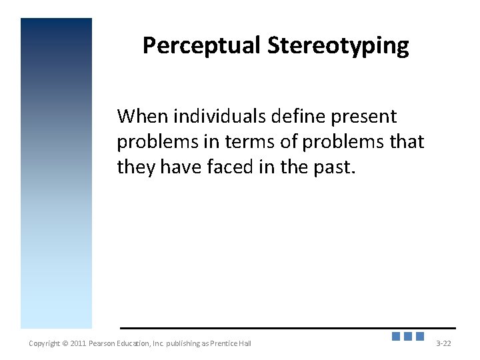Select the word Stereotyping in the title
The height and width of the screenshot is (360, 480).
[338, 45]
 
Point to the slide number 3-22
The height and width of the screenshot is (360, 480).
[443, 343]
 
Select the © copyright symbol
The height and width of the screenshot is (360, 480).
[65, 343]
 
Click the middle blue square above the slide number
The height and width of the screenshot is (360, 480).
[408, 337]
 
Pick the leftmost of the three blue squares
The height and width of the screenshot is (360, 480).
[396, 337]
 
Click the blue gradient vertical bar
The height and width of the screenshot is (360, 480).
[56, 173]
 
